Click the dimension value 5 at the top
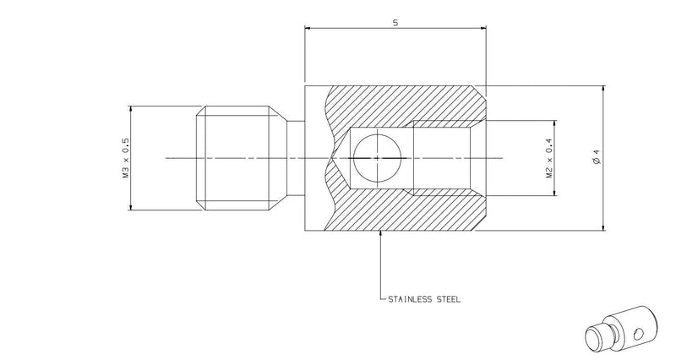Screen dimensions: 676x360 395,23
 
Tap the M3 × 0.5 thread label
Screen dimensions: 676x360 126,158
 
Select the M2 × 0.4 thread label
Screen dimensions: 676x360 549,158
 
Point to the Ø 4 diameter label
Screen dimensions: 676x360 597,157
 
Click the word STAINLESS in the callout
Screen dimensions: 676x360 411,299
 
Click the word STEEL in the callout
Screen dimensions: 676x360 449,299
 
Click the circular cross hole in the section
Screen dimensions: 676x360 377,158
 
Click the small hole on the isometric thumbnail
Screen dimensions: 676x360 639,333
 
